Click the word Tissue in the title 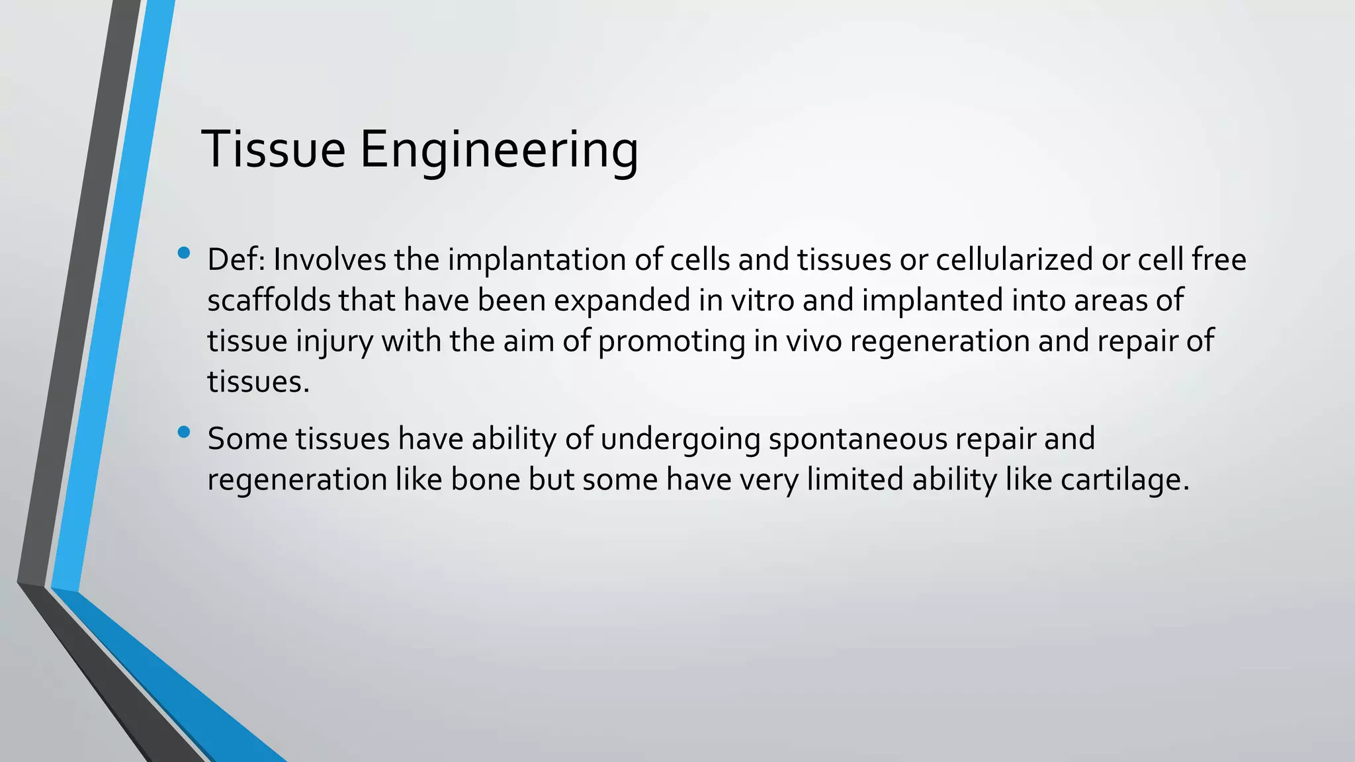(273, 149)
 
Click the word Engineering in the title (499, 151)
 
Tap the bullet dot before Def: (184, 253)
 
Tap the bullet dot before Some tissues (184, 433)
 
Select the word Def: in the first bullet (236, 259)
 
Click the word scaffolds (269, 300)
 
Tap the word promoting (672, 341)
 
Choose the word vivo (813, 341)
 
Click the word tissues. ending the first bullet (258, 382)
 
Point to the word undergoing (681, 439)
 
